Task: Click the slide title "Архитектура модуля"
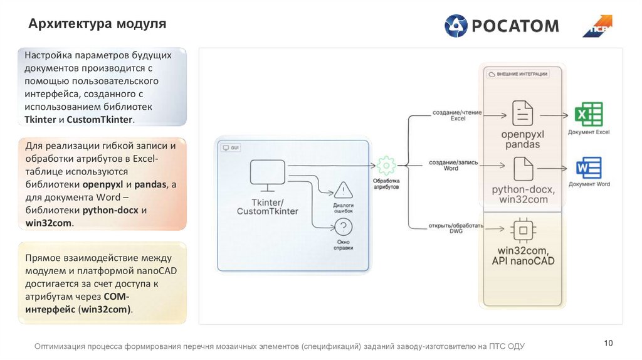coord(97,24)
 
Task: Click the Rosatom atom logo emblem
coord(456,26)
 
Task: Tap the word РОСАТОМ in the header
coord(515,26)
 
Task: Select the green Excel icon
coord(589,115)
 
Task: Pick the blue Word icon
coord(589,167)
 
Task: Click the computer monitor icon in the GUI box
coord(268,175)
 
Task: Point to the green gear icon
coord(386,166)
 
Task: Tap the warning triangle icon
coord(344,190)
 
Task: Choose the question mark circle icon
coord(344,227)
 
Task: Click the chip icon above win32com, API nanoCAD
coord(522,231)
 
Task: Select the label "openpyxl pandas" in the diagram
coord(520,139)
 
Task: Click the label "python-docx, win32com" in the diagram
coord(520,194)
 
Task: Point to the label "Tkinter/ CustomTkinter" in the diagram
coord(268,206)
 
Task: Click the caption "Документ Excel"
coord(589,132)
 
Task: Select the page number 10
coord(608,342)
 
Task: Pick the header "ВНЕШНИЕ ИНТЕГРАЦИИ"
coord(522,74)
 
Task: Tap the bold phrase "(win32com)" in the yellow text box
coord(105,309)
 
